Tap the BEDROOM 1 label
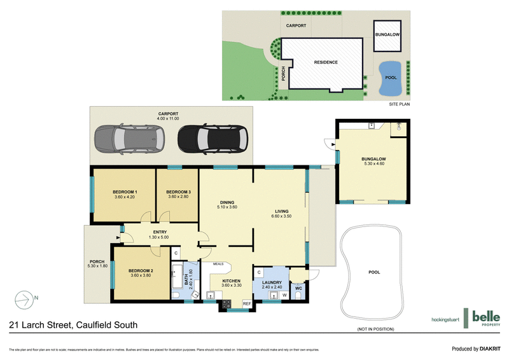click(125, 191)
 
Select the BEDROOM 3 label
click(179, 191)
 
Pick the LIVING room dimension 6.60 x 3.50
click(282, 217)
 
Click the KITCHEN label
click(231, 280)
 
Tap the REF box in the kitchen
click(247, 304)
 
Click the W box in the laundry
click(284, 295)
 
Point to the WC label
click(298, 288)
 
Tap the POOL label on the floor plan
click(374, 272)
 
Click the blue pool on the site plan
click(390, 77)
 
